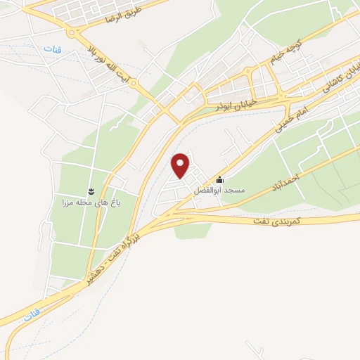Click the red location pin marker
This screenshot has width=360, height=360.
pos(181,165)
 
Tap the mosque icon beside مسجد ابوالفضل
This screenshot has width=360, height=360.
pos(220,179)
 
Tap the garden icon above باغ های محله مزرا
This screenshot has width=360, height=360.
pos(91,191)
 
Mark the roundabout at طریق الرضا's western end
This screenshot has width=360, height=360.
pos(72,32)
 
